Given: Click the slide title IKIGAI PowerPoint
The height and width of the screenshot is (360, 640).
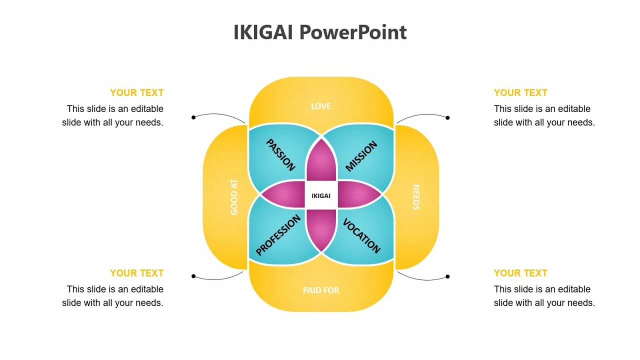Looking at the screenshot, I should tap(320, 32).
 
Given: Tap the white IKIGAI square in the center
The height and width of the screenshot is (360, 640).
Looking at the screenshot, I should tap(321, 195).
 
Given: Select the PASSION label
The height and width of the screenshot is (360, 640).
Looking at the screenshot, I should tap(280, 155).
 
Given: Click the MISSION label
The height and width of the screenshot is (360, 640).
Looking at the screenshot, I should tap(361, 156).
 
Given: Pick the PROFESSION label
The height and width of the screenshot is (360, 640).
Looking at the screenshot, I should tap(278, 235).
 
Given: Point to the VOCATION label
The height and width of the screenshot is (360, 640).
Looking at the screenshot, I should tap(361, 235).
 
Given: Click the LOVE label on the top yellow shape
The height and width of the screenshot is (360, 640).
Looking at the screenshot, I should tap(321, 106).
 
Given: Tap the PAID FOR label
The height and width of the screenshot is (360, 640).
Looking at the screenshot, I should tap(321, 290).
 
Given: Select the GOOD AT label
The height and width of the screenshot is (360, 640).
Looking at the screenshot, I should tap(234, 197).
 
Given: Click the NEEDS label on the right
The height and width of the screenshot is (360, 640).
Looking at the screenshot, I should tap(415, 197).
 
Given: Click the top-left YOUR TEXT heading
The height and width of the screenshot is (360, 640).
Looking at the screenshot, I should tap(137, 92).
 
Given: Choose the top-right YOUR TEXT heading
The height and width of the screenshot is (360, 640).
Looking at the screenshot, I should tap(520, 92).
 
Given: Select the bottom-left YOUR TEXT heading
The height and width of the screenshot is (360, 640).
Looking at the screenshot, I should tap(137, 273).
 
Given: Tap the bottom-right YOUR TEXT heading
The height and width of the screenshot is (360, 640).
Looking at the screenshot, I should tap(520, 273).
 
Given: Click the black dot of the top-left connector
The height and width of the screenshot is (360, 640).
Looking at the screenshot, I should tap(193, 117).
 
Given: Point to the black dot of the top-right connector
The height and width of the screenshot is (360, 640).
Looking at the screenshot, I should tap(447, 118).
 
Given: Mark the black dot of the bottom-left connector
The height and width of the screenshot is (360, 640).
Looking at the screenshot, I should tap(193, 276).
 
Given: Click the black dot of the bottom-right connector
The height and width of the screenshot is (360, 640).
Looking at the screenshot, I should tap(447, 276).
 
